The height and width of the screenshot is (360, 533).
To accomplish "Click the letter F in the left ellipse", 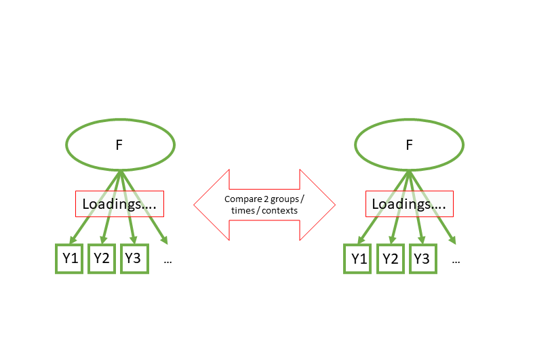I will click(119, 144).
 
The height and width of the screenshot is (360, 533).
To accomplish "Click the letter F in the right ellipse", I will click(409, 144).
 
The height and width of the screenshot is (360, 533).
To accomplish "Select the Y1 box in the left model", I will click(69, 258).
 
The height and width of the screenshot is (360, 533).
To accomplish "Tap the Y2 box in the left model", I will click(102, 258).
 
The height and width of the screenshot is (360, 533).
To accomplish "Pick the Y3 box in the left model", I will click(134, 258).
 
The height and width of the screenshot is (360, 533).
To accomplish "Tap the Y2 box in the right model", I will click(390, 258).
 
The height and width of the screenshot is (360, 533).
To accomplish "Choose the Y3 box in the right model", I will click(422, 258).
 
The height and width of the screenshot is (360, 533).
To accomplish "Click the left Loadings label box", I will click(119, 203).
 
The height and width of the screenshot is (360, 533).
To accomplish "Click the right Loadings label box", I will click(409, 203).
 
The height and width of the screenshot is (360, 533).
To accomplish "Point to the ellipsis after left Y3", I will click(167, 260).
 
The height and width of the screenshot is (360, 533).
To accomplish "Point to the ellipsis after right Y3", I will click(456, 260).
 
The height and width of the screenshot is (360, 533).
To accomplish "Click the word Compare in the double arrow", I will click(241, 199).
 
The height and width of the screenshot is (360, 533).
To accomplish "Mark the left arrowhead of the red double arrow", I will click(207, 204).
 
